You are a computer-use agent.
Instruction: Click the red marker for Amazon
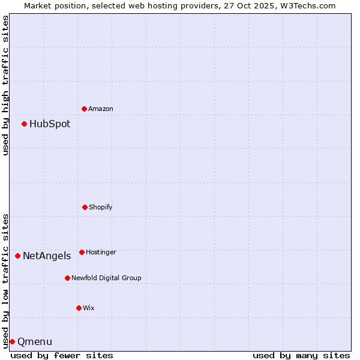click(84, 109)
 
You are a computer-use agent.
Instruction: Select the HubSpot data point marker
click(24, 124)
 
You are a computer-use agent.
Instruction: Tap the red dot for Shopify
click(85, 207)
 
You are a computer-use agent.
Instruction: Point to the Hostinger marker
click(82, 252)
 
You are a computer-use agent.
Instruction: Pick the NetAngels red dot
click(17, 256)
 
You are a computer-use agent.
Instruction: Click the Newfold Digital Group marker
click(67, 278)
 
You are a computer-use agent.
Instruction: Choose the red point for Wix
click(79, 308)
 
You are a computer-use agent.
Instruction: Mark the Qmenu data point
click(12, 341)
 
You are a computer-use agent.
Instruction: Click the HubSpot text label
click(50, 124)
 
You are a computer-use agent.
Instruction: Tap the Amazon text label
click(101, 109)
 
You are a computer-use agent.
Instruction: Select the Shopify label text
click(101, 208)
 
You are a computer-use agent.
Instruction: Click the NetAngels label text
click(47, 256)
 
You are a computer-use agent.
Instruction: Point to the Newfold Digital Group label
click(106, 278)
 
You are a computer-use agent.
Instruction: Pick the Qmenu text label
click(35, 342)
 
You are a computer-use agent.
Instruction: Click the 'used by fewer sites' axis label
click(62, 355)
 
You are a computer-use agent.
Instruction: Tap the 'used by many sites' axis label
click(301, 355)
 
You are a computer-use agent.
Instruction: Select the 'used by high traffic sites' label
click(5, 85)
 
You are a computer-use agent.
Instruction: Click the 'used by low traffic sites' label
click(5, 281)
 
